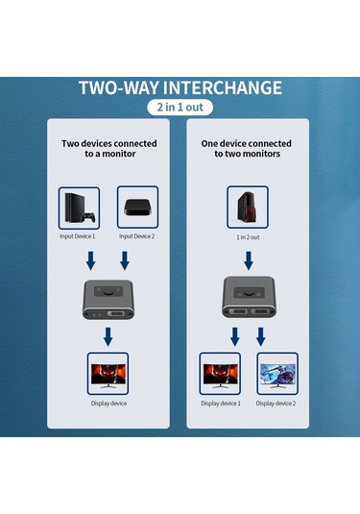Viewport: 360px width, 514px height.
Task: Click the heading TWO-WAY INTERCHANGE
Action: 180,87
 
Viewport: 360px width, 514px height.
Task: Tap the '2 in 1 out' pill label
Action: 180,108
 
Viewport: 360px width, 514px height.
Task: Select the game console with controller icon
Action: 80,208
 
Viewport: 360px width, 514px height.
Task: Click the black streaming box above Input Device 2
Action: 137,208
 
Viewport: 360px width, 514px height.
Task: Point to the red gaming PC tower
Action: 248,207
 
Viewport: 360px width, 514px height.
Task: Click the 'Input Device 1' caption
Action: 78,236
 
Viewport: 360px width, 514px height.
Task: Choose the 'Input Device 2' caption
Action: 136,236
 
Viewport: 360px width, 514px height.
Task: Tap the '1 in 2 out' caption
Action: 248,237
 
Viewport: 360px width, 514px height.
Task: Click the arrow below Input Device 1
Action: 91,260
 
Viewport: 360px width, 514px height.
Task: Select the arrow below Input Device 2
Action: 125,260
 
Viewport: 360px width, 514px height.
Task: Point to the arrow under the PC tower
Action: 249,260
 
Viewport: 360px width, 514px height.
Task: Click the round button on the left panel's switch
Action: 108,291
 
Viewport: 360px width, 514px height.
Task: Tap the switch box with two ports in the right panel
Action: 249,297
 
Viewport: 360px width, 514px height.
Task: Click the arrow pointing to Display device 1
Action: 235,336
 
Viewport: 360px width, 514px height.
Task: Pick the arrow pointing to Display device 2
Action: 261,336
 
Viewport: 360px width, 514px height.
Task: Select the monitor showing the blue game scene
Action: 277,376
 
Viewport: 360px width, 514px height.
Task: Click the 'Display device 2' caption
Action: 276,404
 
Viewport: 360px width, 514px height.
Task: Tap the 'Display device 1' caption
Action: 221,404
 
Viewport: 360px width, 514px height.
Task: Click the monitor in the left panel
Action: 108,376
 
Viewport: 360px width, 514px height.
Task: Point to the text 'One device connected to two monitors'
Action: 247,149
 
